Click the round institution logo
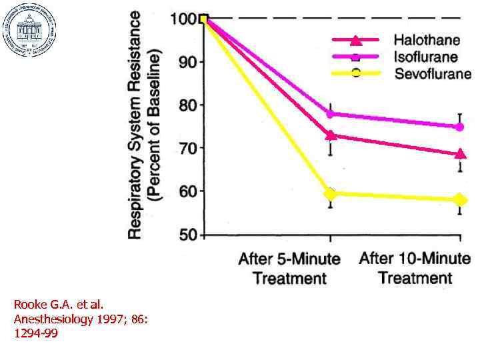click(x=30, y=30)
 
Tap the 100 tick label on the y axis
click(x=184, y=19)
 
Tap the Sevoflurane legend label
click(x=432, y=73)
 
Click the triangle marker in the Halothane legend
click(x=356, y=39)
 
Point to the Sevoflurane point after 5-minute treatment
click(x=330, y=194)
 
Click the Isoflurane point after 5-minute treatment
click(x=330, y=114)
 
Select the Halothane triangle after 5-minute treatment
click(x=330, y=135)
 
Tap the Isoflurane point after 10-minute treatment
click(x=459, y=127)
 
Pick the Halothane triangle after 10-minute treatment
click(x=459, y=154)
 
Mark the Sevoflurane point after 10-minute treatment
click(x=459, y=200)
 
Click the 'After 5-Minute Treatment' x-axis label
click(x=289, y=268)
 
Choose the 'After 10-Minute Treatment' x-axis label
click(x=415, y=267)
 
